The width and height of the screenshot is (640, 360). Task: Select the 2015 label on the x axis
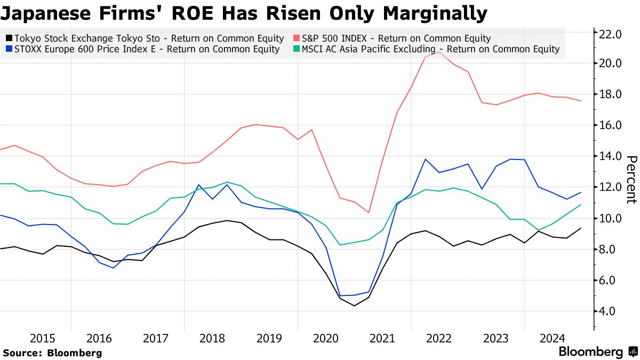43,338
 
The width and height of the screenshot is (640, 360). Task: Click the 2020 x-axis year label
326,338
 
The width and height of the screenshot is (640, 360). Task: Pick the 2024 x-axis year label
553,338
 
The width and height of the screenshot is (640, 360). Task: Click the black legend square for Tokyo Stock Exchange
9,38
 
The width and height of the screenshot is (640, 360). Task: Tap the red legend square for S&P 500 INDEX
297,38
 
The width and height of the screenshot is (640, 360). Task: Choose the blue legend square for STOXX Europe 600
9,50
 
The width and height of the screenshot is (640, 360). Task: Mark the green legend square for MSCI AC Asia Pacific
297,50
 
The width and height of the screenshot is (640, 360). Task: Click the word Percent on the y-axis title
631,180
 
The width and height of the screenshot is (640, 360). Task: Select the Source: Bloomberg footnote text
52,353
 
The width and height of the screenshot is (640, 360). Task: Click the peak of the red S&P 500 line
439,52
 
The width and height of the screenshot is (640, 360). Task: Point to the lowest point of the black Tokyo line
354,306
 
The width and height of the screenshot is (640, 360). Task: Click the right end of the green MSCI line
580,205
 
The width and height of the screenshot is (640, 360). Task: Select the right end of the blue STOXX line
580,193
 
